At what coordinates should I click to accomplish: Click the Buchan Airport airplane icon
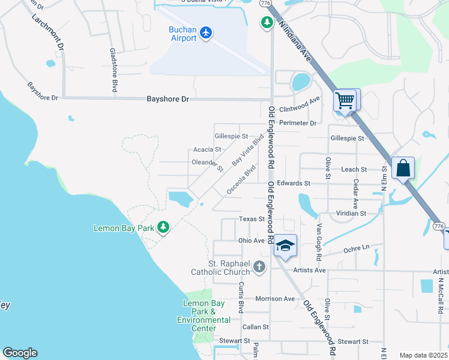[x=206, y=32]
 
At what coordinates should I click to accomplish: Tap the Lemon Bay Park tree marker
[x=163, y=227]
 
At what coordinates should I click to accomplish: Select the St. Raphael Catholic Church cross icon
[x=259, y=266]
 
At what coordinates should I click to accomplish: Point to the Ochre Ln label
[x=356, y=248]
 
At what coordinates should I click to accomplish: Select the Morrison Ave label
[x=275, y=298]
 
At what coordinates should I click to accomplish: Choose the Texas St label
[x=252, y=219]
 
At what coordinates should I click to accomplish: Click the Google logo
[x=20, y=353]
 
